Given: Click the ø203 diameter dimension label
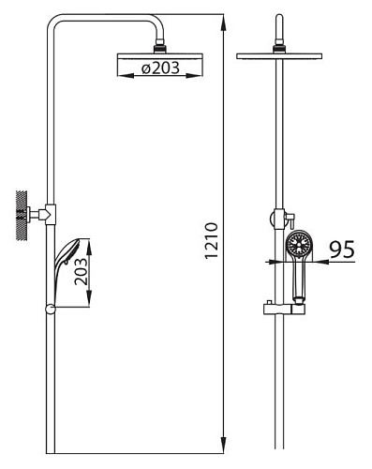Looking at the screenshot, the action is [160, 68].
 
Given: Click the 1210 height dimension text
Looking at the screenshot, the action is [211, 240].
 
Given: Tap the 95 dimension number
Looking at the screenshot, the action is [342, 250].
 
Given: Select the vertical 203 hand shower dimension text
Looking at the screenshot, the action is [81, 271].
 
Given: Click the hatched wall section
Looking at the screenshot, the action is [21, 215].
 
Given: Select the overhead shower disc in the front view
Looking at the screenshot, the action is [279, 56].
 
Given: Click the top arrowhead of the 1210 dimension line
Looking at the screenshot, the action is [224, 23].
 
